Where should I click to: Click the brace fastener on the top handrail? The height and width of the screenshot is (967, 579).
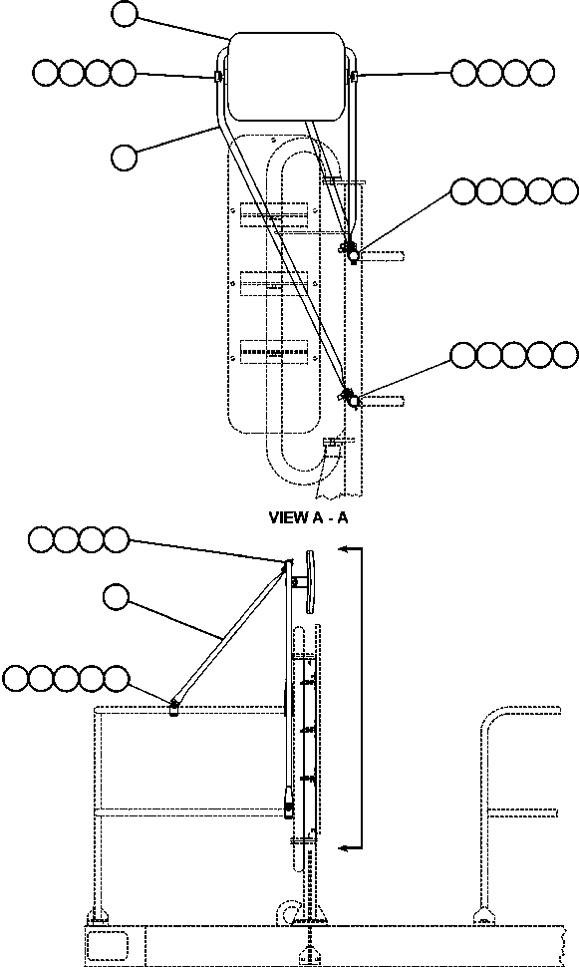(x=173, y=706)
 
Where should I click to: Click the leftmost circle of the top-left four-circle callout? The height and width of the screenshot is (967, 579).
(x=45, y=73)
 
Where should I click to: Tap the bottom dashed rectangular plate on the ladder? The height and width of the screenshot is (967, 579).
(x=273, y=352)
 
